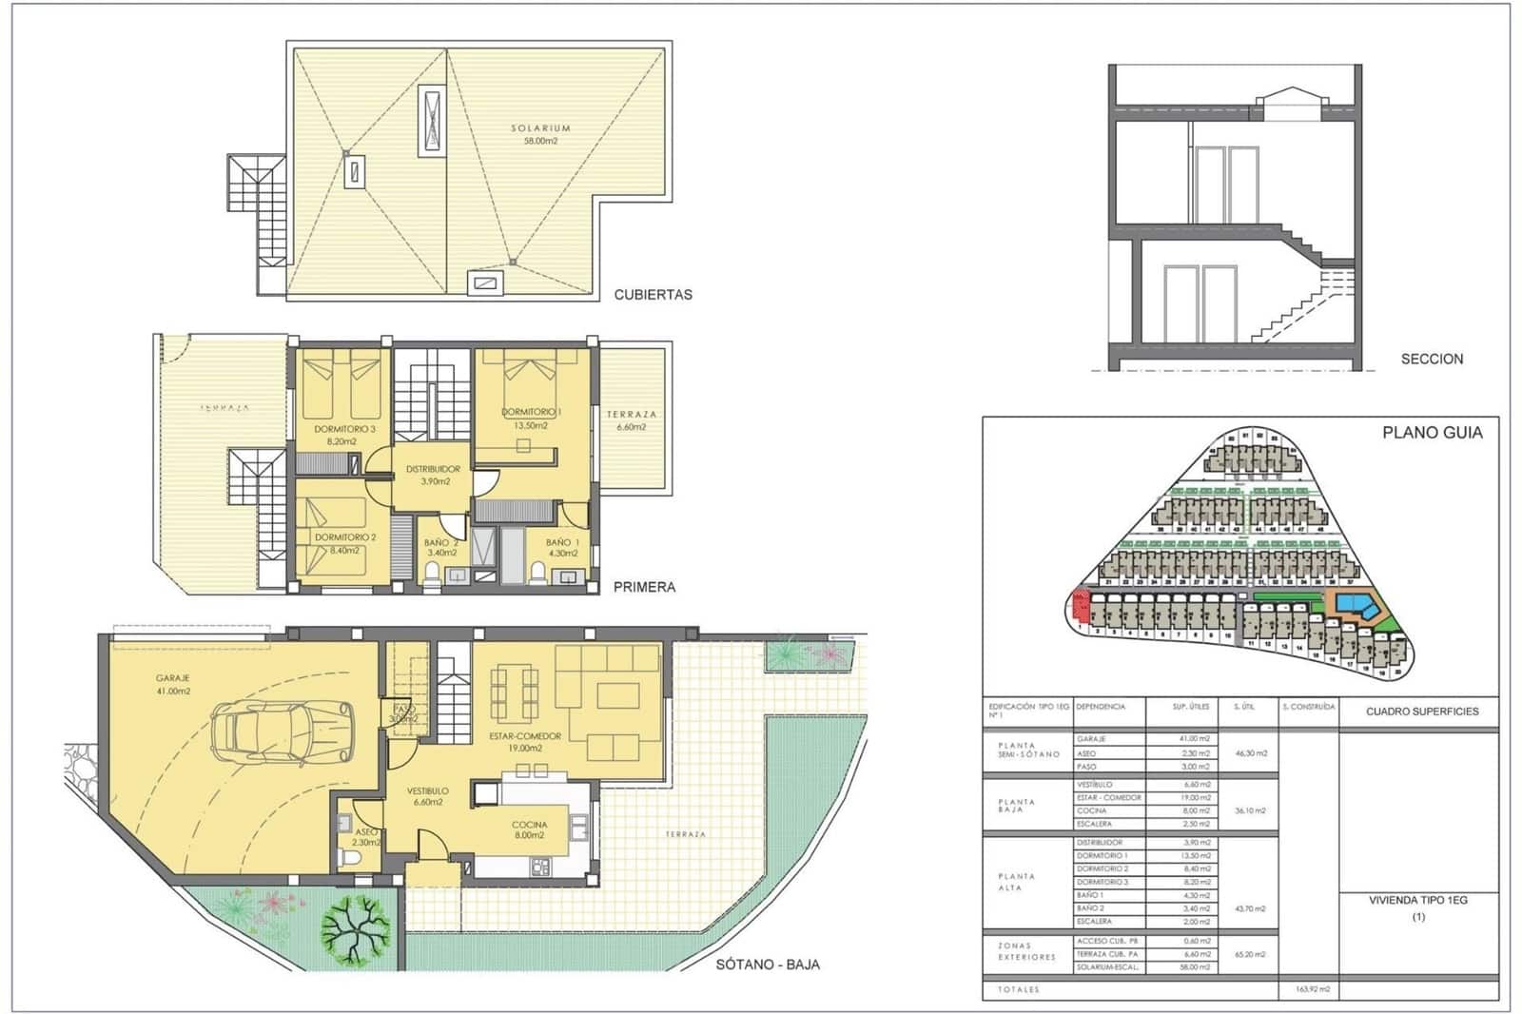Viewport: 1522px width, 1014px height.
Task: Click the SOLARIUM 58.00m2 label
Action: [540, 134]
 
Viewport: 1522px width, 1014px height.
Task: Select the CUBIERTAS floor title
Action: [653, 295]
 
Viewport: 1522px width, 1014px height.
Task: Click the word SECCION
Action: [1432, 359]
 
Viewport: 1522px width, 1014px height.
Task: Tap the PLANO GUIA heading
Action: [1432, 432]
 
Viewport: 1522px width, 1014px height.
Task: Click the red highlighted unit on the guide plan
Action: [1080, 605]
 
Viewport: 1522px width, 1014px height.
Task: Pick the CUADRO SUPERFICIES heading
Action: [1422, 711]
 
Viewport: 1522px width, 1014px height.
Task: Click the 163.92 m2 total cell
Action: [1312, 989]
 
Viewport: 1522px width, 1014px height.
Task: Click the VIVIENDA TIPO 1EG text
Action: [1417, 900]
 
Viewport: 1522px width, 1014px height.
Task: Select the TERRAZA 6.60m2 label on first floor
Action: [631, 420]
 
